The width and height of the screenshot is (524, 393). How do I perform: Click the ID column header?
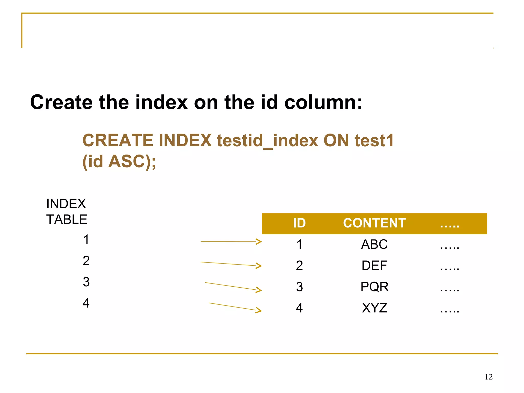[x=299, y=223]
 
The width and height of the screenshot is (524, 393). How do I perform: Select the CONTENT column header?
[x=374, y=223]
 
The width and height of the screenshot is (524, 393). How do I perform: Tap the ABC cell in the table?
[x=374, y=244]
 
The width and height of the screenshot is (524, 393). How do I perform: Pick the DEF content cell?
[x=374, y=266]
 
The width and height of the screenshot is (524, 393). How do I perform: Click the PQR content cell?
[x=374, y=287]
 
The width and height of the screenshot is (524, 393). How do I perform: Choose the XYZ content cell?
[x=374, y=308]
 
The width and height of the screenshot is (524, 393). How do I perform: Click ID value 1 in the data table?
[x=299, y=244]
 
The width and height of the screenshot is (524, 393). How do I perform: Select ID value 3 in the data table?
[x=299, y=287]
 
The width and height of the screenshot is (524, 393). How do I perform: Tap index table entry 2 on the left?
[x=86, y=261]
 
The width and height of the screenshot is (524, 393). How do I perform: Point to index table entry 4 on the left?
[x=86, y=303]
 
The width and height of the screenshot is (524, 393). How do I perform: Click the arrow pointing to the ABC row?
[x=231, y=242]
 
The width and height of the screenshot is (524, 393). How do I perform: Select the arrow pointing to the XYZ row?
[x=235, y=307]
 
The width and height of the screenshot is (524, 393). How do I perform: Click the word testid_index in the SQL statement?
[x=267, y=141]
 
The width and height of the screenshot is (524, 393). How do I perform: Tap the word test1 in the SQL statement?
[x=374, y=141]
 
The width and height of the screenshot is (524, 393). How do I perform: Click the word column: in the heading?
[x=323, y=102]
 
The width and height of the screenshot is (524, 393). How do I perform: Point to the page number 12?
[x=488, y=377]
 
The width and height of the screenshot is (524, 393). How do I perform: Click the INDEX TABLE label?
[x=67, y=212]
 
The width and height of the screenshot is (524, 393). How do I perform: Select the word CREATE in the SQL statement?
[x=118, y=141]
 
